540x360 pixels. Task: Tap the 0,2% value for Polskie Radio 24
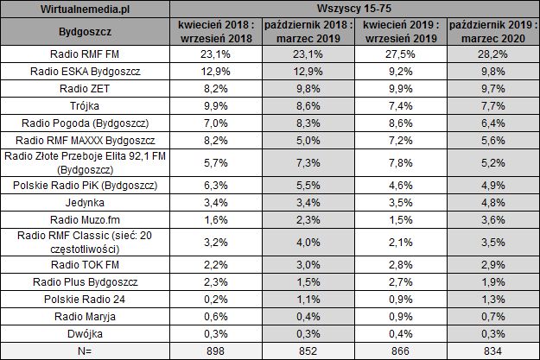pos(215,299)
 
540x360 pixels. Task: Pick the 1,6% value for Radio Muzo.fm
pos(215,219)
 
